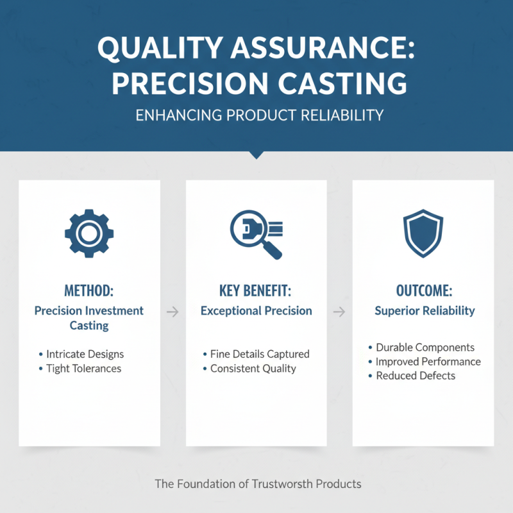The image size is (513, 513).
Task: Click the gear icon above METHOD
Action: coord(89,234)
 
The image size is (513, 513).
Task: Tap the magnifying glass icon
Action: coord(256,234)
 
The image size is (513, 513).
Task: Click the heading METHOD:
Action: coord(89,290)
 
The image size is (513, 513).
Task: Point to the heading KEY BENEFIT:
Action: coord(256,290)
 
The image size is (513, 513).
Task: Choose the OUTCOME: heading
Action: coord(423,290)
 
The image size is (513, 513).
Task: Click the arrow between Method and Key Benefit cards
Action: coord(172,312)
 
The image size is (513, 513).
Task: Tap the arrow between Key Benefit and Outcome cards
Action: coord(340,312)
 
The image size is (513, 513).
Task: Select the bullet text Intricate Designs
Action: coord(85,354)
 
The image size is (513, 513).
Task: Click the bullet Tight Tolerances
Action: coord(83,369)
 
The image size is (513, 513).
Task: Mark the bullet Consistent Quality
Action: coord(253,369)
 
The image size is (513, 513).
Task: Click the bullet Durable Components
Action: coord(425,348)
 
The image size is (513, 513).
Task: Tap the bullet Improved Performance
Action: coord(428,362)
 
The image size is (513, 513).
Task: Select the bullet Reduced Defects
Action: coord(416,376)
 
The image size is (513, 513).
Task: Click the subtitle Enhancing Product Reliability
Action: coord(256,115)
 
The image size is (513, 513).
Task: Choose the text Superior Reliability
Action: coord(425,311)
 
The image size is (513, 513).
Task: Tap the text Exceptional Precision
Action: coord(256,311)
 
